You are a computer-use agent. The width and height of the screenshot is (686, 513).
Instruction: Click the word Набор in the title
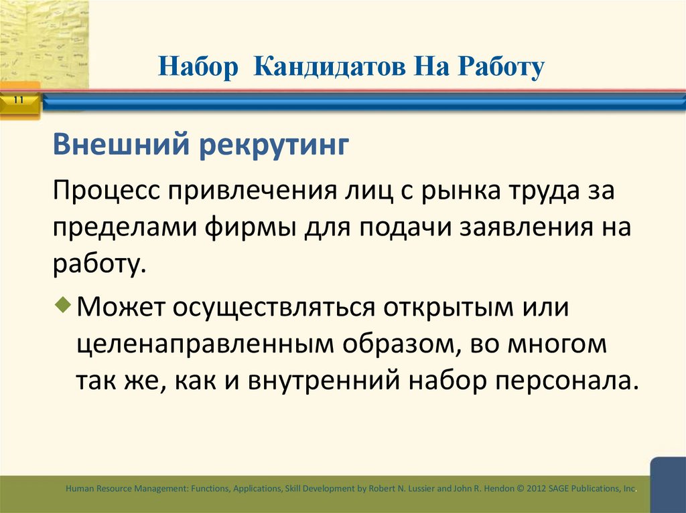(198, 68)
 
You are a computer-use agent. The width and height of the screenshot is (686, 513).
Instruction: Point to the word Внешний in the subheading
(120, 145)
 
